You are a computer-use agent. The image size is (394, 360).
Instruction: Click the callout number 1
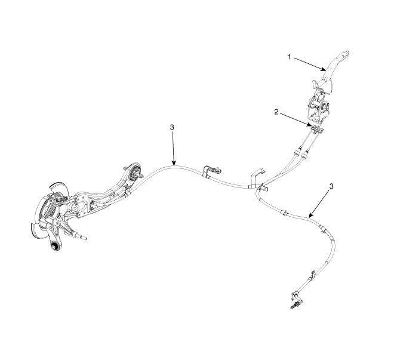coord(289,57)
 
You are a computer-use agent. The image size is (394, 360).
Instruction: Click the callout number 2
coord(276,112)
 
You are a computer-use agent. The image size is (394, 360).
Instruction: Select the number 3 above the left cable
coord(172,127)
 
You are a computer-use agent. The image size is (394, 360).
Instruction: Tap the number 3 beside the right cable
coord(331,186)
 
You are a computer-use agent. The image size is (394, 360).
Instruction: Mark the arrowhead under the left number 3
coord(174,163)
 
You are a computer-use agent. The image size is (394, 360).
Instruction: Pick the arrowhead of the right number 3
coord(311,215)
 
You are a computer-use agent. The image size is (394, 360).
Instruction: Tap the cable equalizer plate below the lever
coord(318,129)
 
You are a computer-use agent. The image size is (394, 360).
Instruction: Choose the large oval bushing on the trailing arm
coord(135,173)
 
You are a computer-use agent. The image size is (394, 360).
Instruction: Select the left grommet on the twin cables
coord(297,153)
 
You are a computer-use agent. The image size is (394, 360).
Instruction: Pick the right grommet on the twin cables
coord(305,156)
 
